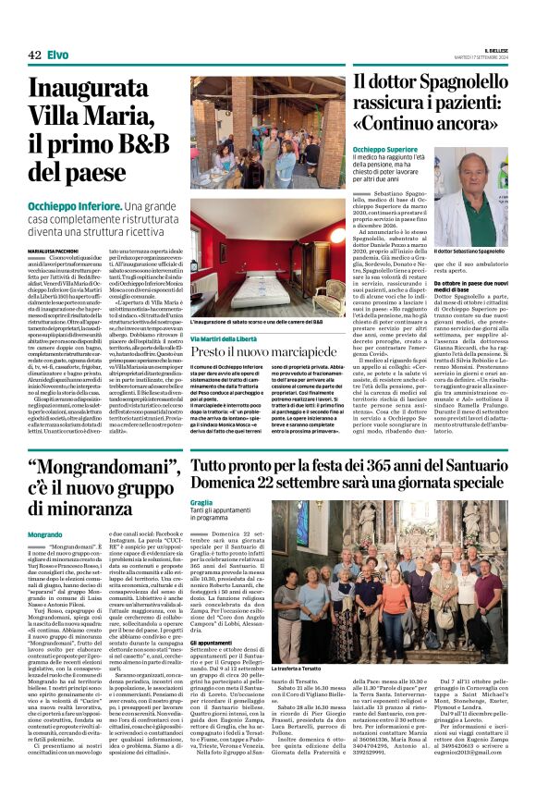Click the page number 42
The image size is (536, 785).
[x=35, y=55]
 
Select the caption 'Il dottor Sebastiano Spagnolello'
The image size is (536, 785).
[x=469, y=251]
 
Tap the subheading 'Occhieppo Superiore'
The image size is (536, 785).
[x=384, y=149]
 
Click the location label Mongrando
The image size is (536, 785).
[x=45, y=534]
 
